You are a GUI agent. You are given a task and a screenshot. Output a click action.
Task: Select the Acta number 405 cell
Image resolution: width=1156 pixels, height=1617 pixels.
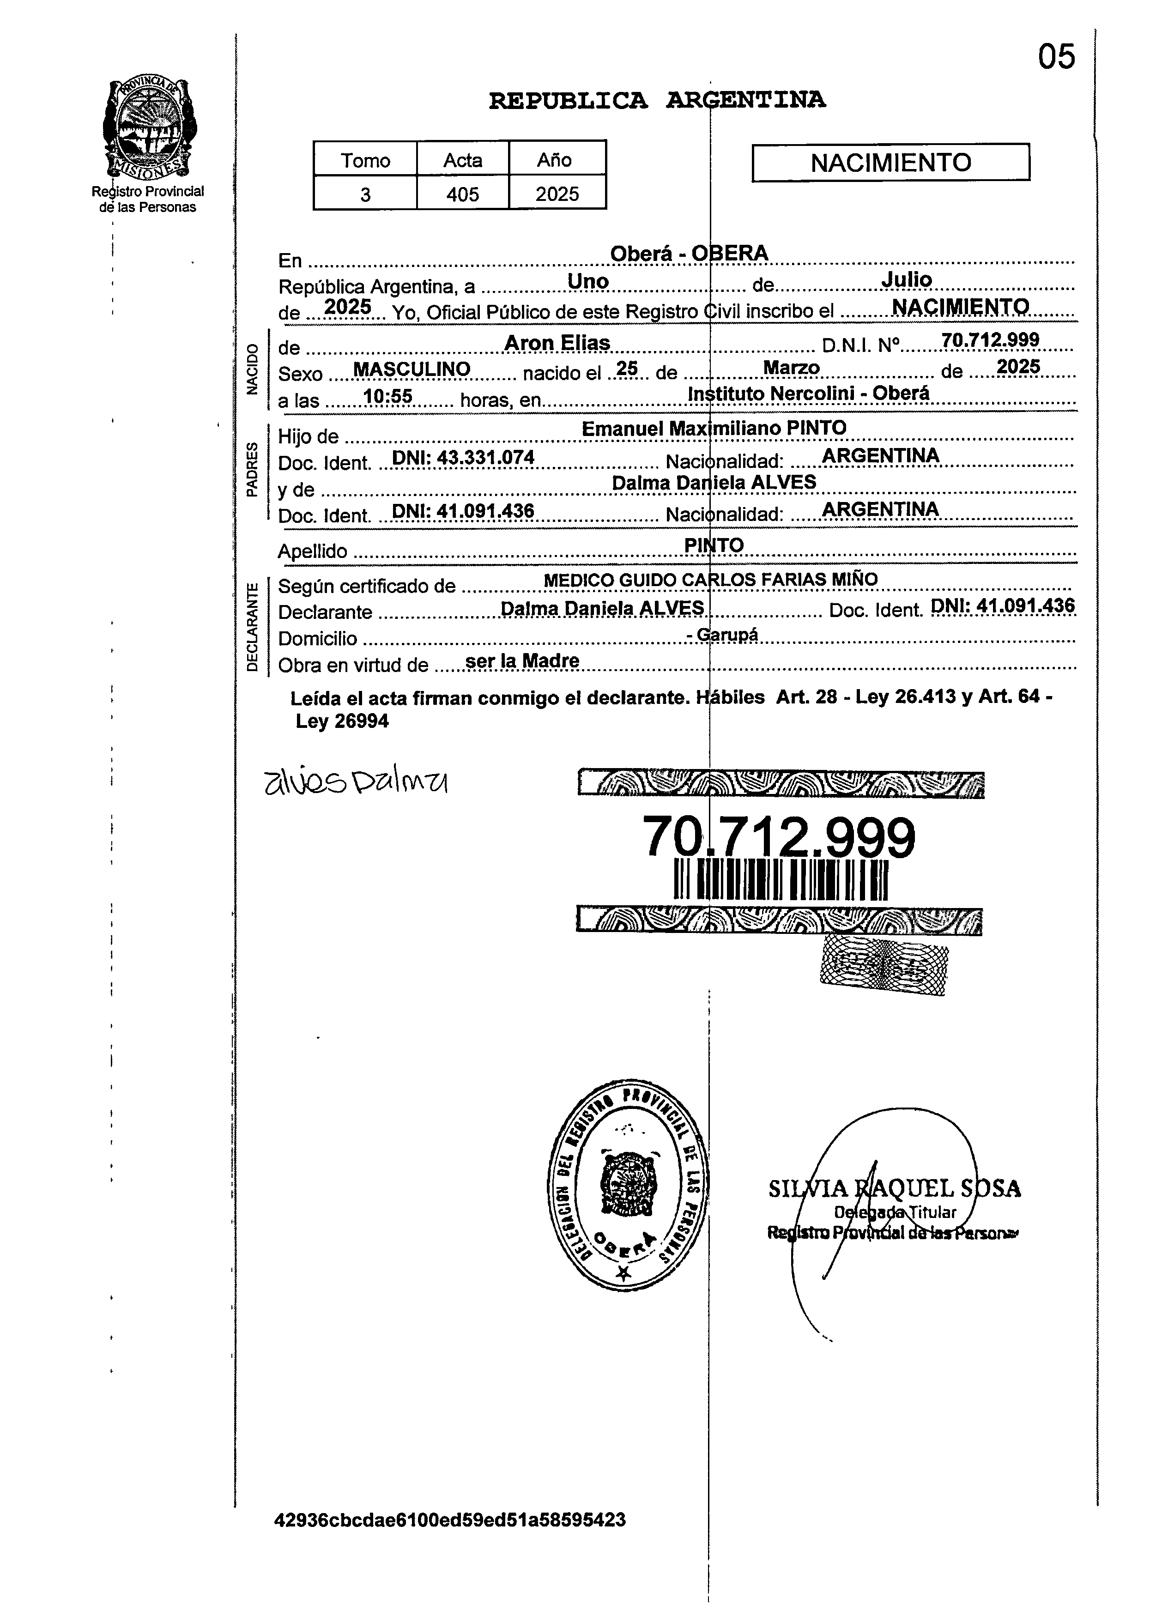coord(463,194)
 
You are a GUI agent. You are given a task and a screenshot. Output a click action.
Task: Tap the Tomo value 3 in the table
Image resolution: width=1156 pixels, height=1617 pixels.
coord(365,194)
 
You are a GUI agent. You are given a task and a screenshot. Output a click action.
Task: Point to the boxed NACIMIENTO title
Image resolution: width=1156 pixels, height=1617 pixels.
coord(890,162)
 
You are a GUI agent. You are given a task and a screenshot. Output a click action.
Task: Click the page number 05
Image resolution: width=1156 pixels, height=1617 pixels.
coord(1056,57)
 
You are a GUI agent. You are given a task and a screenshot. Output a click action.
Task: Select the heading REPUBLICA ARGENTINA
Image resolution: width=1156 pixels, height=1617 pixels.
coord(657,100)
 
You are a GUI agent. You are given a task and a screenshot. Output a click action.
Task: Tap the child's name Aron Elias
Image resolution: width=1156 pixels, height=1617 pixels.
coord(557,343)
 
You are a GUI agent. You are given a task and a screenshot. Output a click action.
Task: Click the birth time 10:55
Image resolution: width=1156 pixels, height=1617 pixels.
coord(388,396)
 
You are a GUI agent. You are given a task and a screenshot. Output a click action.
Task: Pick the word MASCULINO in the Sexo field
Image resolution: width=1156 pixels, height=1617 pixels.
coord(412,369)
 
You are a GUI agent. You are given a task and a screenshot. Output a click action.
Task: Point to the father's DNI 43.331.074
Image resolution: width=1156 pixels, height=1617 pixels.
coord(463,458)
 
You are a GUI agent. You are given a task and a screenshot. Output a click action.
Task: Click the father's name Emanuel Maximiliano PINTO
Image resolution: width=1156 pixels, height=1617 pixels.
coord(714,429)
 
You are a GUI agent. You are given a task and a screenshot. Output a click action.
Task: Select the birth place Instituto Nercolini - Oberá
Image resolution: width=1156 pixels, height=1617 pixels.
coord(809,394)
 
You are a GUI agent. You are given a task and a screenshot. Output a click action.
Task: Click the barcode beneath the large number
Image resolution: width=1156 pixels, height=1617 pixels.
coord(781,880)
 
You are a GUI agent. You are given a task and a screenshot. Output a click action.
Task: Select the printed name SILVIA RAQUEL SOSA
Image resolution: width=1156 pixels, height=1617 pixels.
coord(894,1188)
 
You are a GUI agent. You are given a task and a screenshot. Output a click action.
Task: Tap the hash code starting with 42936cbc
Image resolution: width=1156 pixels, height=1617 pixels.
coord(450,1520)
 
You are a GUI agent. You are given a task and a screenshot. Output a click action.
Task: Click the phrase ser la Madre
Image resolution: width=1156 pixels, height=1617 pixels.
coord(522,661)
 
